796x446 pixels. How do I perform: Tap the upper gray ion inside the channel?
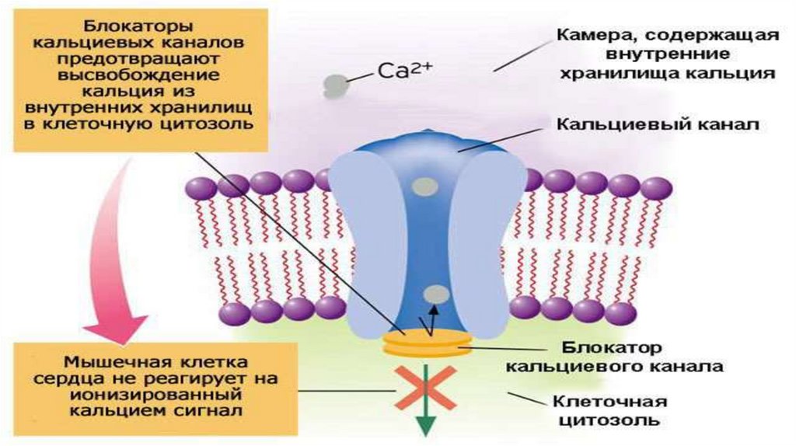pos(424,186)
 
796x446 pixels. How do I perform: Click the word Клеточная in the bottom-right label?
pos(610,402)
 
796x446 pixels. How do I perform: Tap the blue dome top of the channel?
pos(424,144)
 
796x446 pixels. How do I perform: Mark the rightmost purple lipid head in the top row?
pos(657,187)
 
